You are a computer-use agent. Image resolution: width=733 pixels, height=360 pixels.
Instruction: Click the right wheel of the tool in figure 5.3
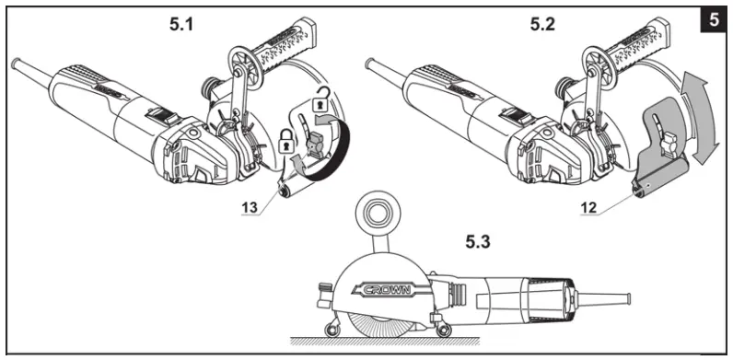pyautogui.click(x=445, y=328)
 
